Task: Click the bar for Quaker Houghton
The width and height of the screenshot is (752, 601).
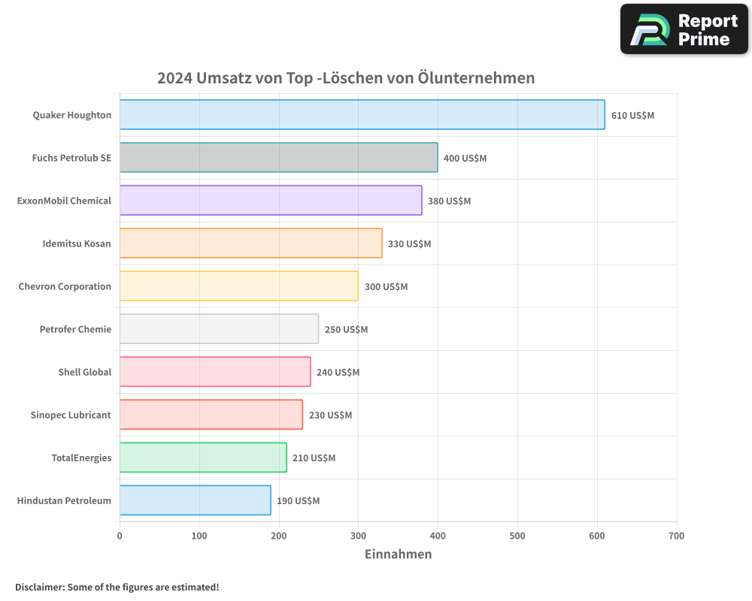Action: [x=362, y=115]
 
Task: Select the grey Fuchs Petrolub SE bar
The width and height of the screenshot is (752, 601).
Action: [x=278, y=158]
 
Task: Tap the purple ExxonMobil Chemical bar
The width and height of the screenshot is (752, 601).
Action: [x=271, y=201]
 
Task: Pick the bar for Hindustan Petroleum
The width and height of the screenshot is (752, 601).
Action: [x=195, y=500]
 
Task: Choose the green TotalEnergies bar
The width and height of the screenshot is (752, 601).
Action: [x=203, y=458]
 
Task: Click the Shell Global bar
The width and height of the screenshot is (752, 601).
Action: [x=215, y=372]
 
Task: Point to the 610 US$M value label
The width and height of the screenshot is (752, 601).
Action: [x=632, y=116]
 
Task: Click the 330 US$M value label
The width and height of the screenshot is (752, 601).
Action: [x=409, y=244]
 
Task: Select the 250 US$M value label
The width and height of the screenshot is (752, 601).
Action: [x=346, y=330]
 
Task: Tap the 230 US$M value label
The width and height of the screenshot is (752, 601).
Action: [x=330, y=415]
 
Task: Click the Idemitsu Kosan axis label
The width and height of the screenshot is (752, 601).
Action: [x=77, y=243]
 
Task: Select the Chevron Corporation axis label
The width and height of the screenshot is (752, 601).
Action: [x=65, y=286]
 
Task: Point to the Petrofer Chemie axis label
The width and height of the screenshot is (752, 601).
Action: [x=75, y=329]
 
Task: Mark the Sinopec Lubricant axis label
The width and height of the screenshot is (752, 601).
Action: [x=71, y=415]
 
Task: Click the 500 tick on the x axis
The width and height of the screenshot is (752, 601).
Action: [x=517, y=536]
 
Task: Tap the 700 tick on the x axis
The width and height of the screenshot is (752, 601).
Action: [x=676, y=536]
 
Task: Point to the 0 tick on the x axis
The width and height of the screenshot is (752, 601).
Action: [x=120, y=536]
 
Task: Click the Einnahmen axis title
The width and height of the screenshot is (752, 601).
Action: [x=398, y=554]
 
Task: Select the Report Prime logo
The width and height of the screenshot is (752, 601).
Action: [x=684, y=29]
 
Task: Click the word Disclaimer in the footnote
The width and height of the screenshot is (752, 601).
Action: [x=39, y=587]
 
